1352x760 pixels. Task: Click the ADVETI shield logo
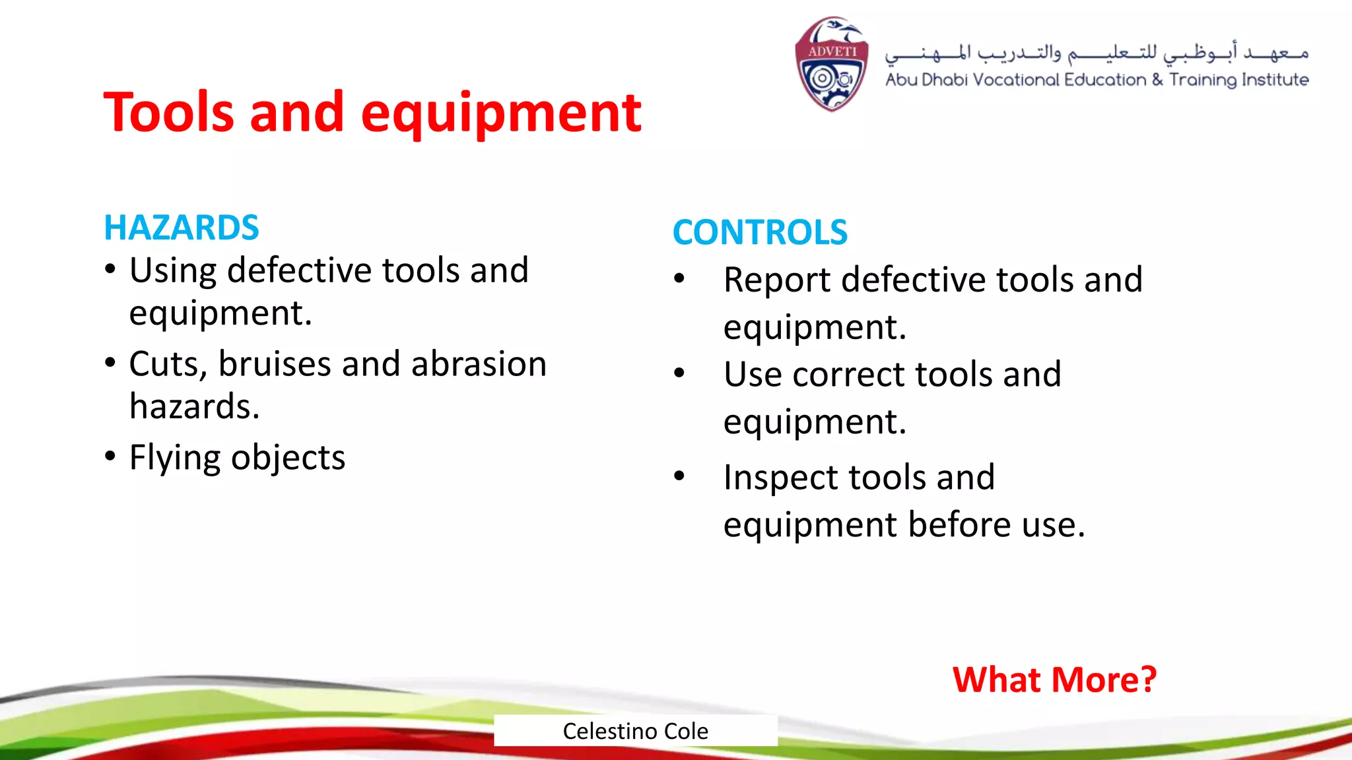[831, 64]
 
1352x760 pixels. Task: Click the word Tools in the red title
[169, 112]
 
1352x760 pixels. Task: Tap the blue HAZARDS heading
[182, 228]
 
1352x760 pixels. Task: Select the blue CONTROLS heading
[760, 232]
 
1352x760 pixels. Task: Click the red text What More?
[1054, 680]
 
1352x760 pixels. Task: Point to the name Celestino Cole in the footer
[635, 731]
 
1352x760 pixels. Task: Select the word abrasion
[479, 364]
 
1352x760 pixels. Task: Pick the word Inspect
[785, 478]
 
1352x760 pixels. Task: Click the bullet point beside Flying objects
[110, 456]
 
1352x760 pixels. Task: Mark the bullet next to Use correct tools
[679, 373]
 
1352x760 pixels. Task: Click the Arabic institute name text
[1096, 53]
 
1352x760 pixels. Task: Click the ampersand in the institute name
[1158, 80]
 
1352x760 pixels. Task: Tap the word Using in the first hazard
[172, 270]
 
